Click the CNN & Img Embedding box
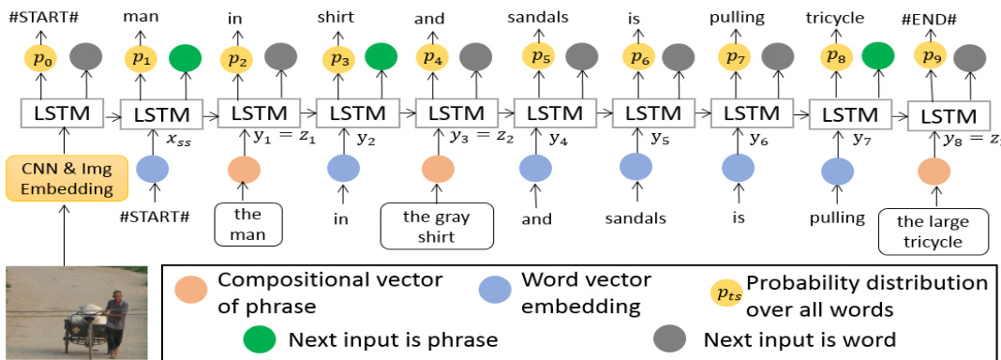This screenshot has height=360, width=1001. pos(67,178)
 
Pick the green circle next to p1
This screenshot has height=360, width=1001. pos(186,58)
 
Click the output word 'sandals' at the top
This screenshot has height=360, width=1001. pos(538,17)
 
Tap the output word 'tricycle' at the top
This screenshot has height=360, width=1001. pos(834,18)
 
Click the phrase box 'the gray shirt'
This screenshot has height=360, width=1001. pos(437,225)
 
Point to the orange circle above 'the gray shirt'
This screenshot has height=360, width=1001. pos(438,169)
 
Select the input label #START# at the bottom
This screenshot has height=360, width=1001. pos(156,217)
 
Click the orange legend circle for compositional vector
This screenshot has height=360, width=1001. pos(191,289)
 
